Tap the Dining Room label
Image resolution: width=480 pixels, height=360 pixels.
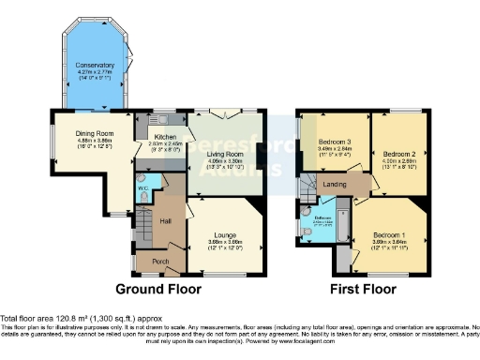click(x=94, y=133)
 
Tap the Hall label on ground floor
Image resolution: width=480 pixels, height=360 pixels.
click(x=165, y=221)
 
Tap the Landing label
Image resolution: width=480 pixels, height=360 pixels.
click(x=336, y=184)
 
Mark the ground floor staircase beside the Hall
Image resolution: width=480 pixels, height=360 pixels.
click(x=142, y=226)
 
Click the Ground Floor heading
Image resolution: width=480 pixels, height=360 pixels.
click(x=155, y=289)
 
